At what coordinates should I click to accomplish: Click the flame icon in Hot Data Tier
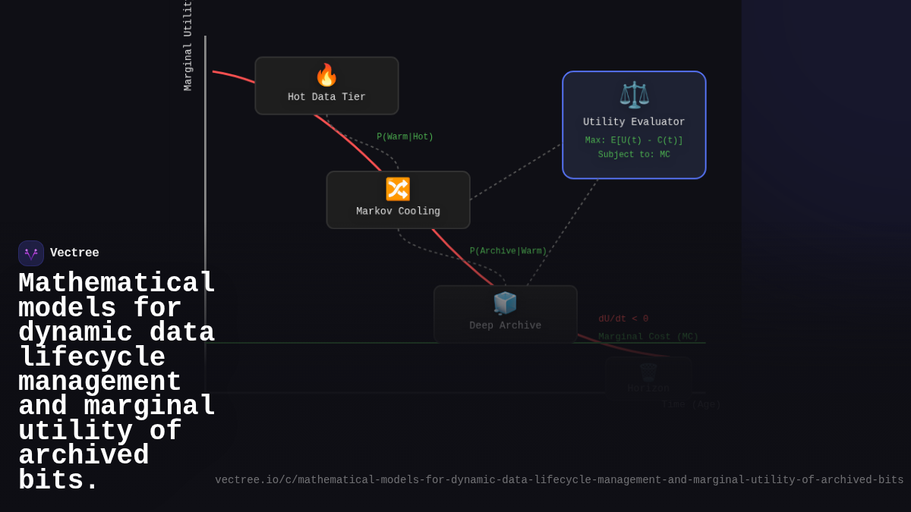326,75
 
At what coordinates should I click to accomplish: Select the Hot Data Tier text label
326,97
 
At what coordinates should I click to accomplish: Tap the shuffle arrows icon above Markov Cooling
398,189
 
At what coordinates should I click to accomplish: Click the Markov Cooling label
398,212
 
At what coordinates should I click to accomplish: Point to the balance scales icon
634,95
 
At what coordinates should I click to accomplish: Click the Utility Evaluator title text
634,122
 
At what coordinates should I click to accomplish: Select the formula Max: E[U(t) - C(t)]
634,140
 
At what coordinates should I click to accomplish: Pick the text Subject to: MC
634,155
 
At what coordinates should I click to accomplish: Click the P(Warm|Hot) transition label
405,137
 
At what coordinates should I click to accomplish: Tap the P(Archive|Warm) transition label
508,251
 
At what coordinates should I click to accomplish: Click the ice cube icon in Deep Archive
505,303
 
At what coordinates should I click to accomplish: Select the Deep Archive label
505,325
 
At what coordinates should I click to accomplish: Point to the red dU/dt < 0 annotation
623,319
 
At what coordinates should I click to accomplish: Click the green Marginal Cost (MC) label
648,337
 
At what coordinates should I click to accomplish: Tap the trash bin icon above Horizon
648,372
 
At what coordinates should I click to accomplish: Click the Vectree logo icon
31,253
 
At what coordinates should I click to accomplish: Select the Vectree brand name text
74,253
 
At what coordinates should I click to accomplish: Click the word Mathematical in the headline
117,284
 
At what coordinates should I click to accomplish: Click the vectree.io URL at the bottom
559,480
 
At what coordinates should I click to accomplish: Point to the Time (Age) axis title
691,405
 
